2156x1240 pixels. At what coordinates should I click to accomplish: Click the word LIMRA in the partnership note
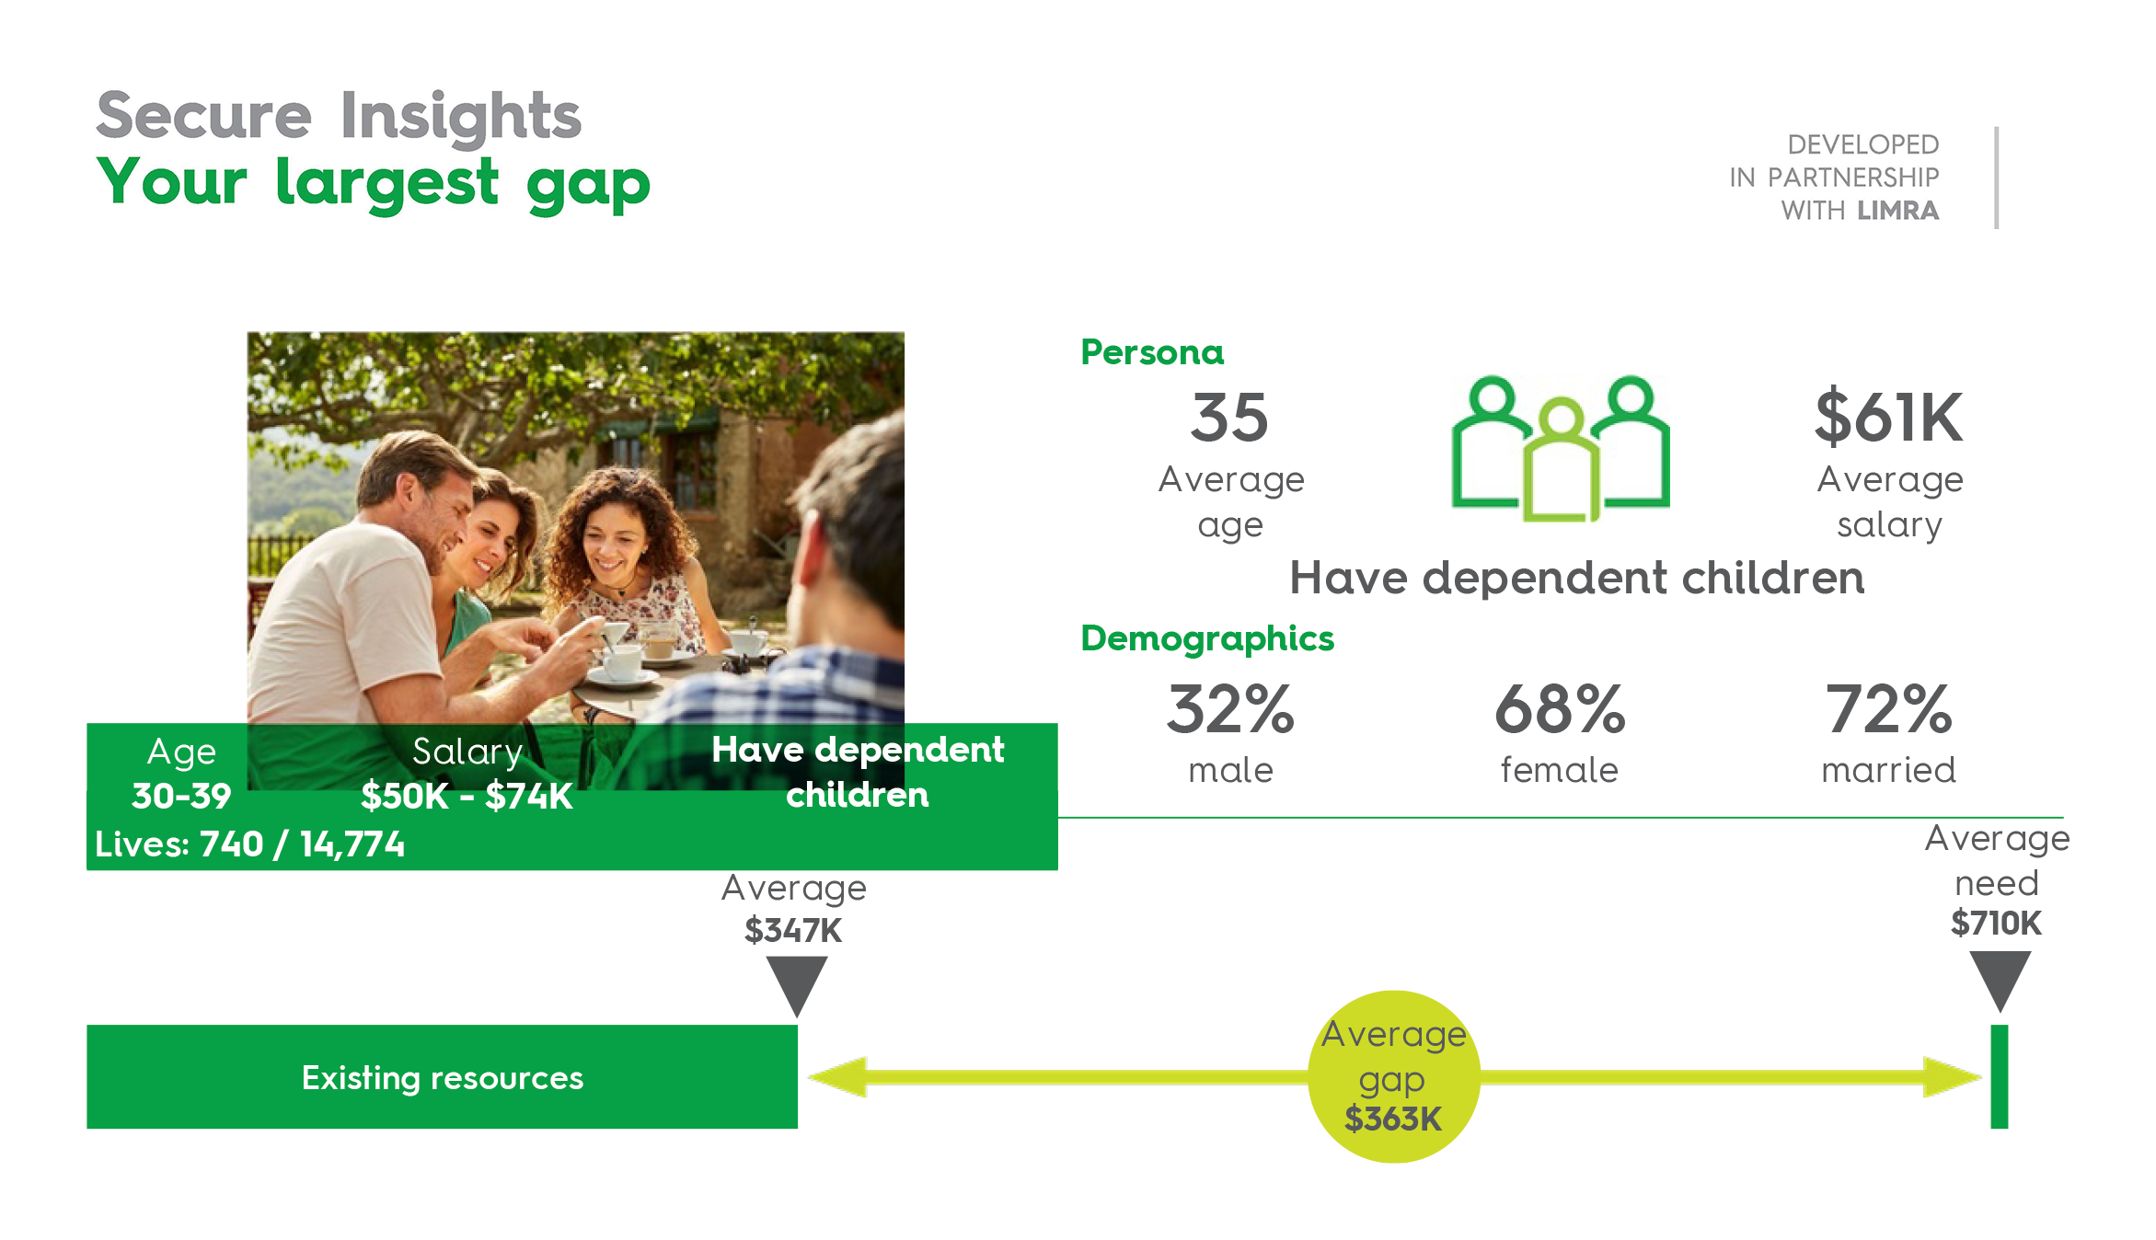[1897, 211]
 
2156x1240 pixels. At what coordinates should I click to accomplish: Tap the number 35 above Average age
[1229, 418]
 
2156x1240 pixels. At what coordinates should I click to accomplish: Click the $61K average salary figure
[1888, 417]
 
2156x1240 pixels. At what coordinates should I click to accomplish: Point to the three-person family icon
[1561, 448]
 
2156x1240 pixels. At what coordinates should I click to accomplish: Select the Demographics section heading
[1206, 638]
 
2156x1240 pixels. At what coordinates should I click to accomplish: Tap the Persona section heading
[1152, 352]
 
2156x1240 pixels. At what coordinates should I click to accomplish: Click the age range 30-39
[181, 796]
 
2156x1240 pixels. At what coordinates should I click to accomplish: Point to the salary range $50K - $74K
[467, 796]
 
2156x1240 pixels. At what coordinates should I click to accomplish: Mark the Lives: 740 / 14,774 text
[249, 844]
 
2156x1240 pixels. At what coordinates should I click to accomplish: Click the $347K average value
[793, 930]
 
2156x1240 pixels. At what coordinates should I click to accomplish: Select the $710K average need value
[1996, 923]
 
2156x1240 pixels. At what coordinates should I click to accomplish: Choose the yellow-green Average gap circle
[1394, 1076]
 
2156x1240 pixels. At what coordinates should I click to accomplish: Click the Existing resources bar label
[443, 1077]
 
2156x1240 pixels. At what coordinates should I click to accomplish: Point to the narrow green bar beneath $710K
[1999, 1076]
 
